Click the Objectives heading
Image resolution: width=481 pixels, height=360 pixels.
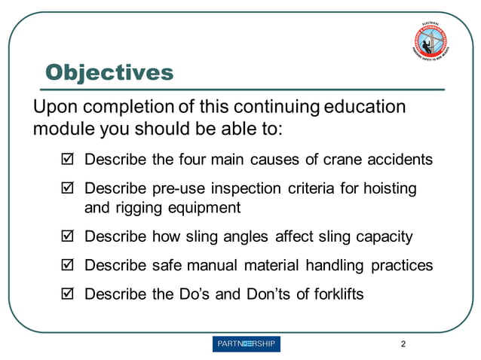pos(109,73)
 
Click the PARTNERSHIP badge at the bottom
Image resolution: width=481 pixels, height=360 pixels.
pos(247,344)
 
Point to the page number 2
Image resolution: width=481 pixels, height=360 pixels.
pos(403,344)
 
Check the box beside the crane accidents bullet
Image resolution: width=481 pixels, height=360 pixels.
pos(66,160)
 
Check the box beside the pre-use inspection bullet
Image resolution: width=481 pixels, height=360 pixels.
pos(66,189)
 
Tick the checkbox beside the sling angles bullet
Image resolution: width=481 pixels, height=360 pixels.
pos(66,237)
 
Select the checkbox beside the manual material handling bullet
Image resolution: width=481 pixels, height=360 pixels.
pos(66,266)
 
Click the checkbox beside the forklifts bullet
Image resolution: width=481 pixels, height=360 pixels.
pos(66,294)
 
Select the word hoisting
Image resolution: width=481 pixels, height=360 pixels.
pos(390,188)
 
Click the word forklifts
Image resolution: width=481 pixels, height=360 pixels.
pos(337,294)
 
